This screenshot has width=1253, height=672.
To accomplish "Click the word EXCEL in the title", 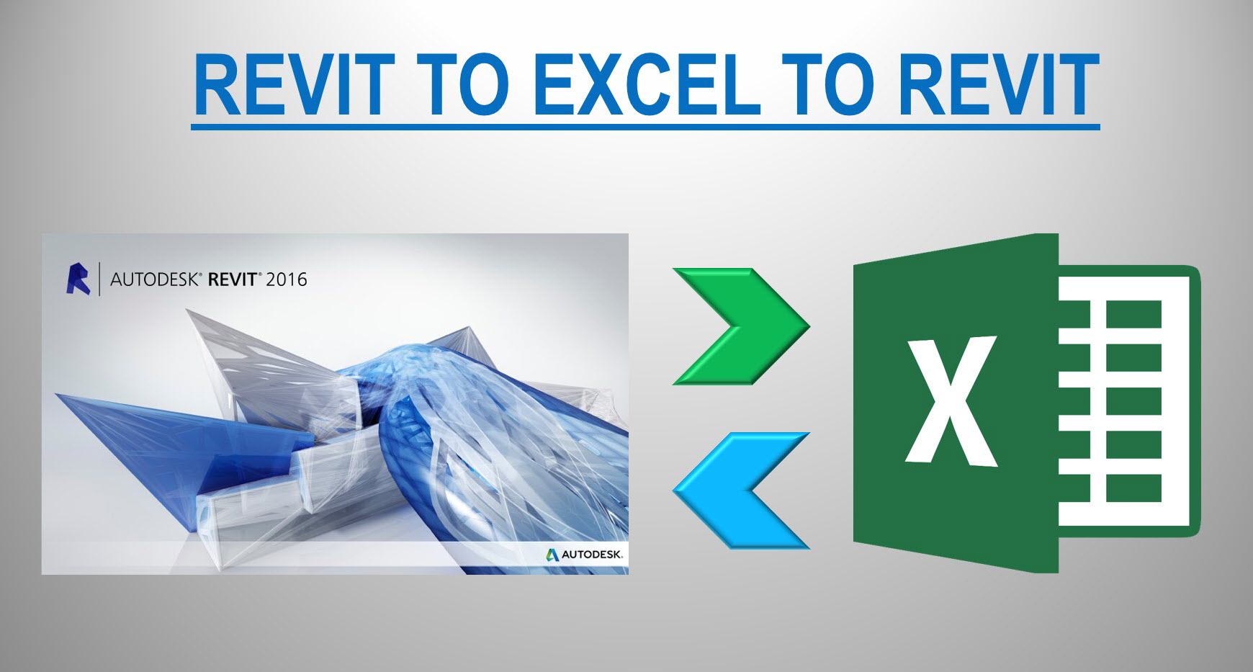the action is (x=648, y=85).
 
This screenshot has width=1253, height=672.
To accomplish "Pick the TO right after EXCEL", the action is (x=830, y=85).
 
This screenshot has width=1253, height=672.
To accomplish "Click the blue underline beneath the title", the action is (x=645, y=127).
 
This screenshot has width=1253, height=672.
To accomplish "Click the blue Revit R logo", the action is (x=78, y=279).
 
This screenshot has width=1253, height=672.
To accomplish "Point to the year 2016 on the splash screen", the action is (x=286, y=279).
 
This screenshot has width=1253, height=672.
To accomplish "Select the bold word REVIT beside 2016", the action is (x=232, y=279).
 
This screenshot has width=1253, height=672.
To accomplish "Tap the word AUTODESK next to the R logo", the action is (x=153, y=279).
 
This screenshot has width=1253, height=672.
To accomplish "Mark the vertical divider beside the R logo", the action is (x=99, y=279).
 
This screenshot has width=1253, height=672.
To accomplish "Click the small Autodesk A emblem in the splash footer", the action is (x=552, y=555).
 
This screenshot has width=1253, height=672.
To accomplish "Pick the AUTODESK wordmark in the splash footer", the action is (x=591, y=555).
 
